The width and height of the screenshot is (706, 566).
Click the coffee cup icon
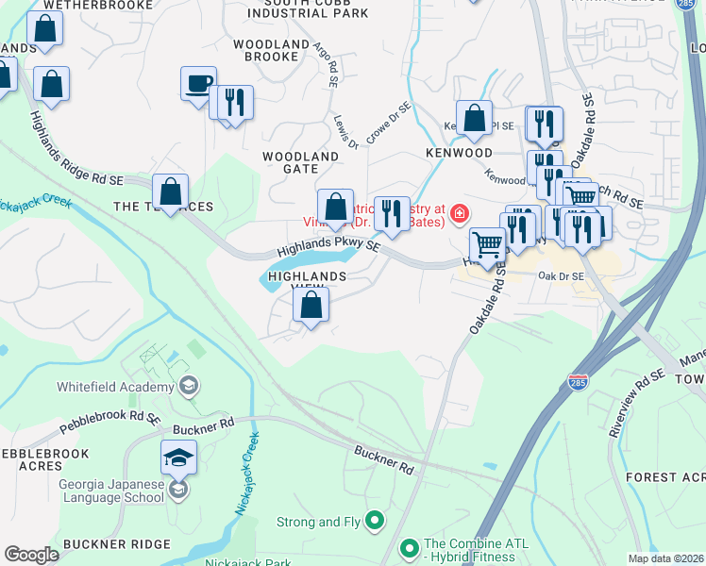pos(198,84)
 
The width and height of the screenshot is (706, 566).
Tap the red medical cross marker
pos(460,213)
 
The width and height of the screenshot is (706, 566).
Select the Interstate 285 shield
pos(578,382)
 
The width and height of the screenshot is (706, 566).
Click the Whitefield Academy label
pos(115,387)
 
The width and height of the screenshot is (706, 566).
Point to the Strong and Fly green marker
pos(375,520)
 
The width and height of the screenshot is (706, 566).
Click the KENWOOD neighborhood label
pos(459,152)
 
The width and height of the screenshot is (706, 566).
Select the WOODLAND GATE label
pos(300,161)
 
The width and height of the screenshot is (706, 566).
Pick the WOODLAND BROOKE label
pos(272,51)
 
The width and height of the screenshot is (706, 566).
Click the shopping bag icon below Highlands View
pos(311,306)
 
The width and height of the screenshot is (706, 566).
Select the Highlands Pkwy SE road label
pos(328,248)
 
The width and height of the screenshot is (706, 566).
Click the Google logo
pos(32,554)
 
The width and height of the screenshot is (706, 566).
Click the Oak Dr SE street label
pos(562,276)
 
